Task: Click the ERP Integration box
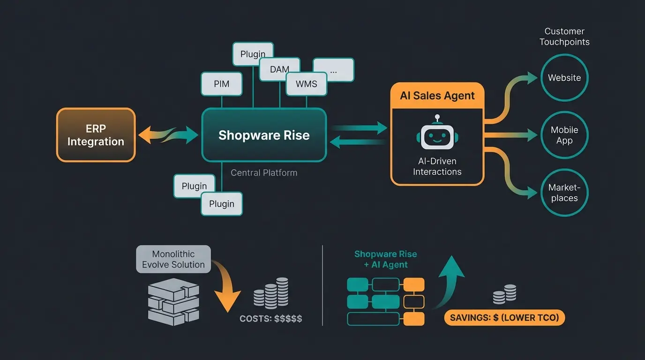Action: pyautogui.click(x=96, y=135)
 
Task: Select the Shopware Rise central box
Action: pyautogui.click(x=264, y=135)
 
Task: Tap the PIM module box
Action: pyautogui.click(x=221, y=84)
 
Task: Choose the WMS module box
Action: pyautogui.click(x=307, y=84)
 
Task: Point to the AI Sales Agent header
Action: pyautogui.click(x=437, y=96)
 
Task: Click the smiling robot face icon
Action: pyautogui.click(x=437, y=134)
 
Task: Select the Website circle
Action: pyautogui.click(x=564, y=78)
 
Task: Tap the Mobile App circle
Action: pyautogui.click(x=564, y=135)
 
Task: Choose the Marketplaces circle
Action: pyautogui.click(x=564, y=193)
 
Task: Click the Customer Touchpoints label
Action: pyautogui.click(x=564, y=37)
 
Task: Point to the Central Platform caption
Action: pyautogui.click(x=264, y=173)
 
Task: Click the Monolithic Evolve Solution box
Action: pyautogui.click(x=173, y=259)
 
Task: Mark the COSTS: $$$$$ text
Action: pyautogui.click(x=270, y=319)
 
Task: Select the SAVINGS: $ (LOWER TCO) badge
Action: pyautogui.click(x=504, y=318)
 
